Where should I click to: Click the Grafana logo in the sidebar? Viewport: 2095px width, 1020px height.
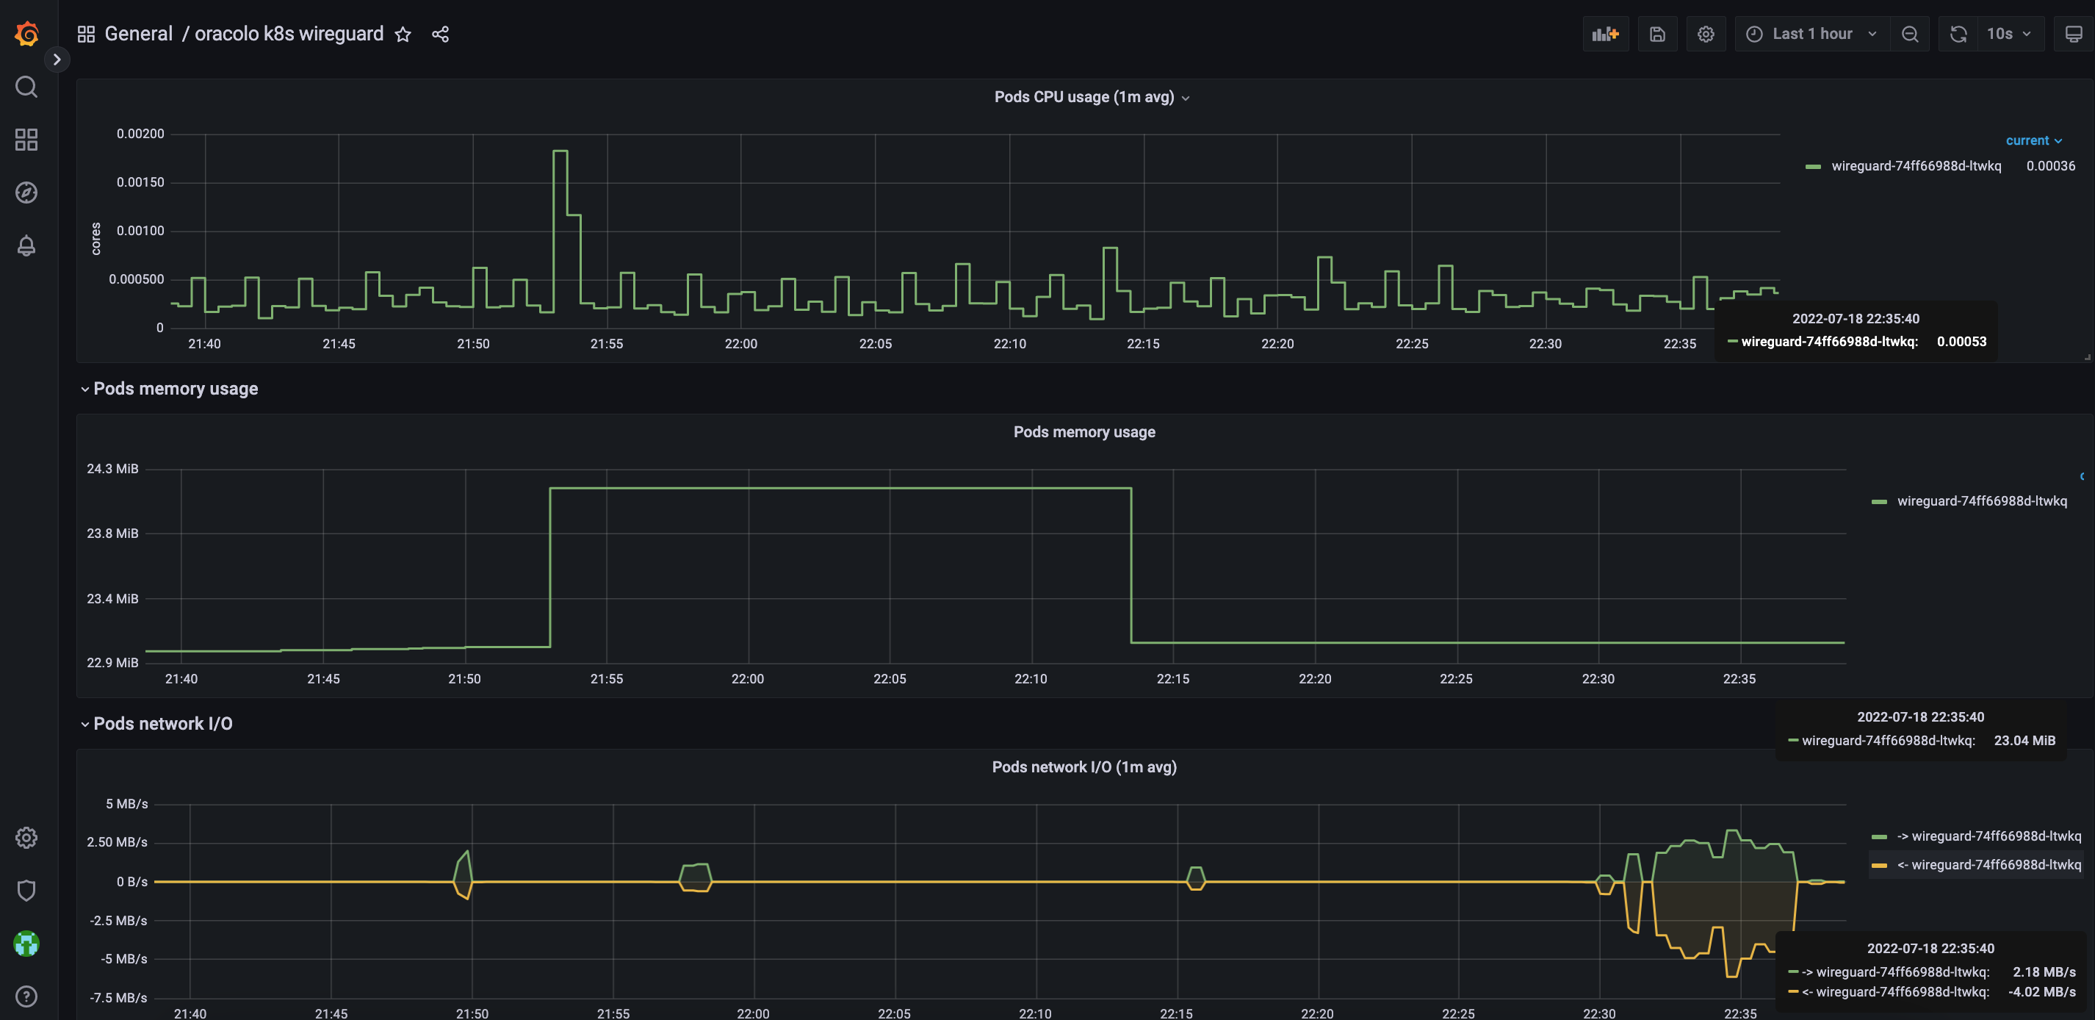[x=27, y=33]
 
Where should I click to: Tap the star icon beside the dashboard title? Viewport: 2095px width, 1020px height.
[x=403, y=34]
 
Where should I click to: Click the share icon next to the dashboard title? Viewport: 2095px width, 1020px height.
[x=440, y=34]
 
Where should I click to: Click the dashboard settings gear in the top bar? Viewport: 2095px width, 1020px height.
[x=1706, y=34]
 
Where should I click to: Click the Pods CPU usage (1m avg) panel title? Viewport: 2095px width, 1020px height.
[x=1083, y=97]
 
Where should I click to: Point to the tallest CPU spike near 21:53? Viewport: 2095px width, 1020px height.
[x=560, y=151]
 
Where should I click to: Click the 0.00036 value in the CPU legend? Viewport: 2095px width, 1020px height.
[x=2050, y=166]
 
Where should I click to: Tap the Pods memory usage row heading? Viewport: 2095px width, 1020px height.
[x=176, y=389]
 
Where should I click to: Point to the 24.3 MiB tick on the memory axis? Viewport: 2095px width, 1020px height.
[x=112, y=470]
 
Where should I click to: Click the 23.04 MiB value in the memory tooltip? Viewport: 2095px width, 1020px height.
[x=2024, y=740]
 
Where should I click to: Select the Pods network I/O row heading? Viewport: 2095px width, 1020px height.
[x=162, y=724]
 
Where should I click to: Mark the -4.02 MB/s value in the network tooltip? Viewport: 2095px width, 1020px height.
[x=2041, y=991]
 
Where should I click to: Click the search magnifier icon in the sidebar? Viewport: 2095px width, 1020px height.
[x=27, y=87]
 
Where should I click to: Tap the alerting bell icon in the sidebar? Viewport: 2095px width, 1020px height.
[x=27, y=245]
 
